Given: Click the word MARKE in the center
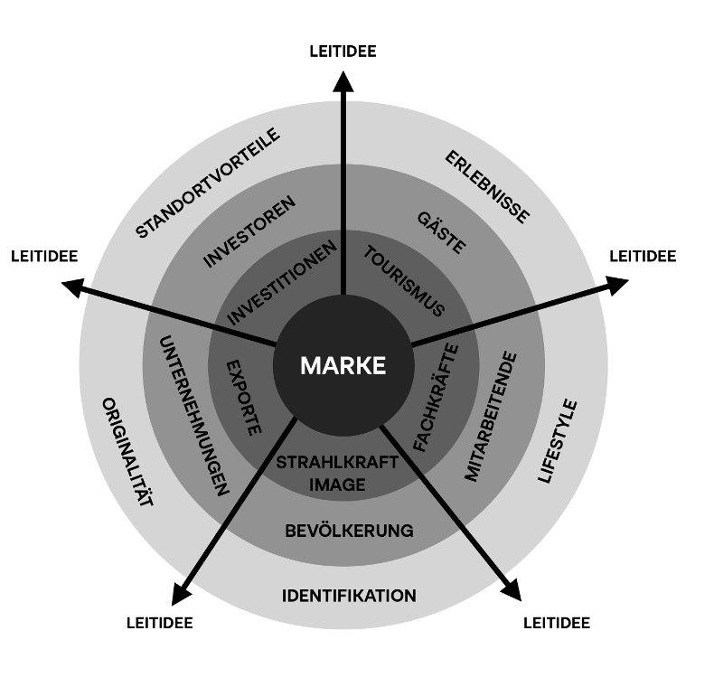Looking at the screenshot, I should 343,366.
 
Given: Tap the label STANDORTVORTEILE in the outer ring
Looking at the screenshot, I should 209,184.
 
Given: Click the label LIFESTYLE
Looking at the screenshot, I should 559,441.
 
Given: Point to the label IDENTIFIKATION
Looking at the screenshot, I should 349,596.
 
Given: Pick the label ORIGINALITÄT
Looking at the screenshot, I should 127,450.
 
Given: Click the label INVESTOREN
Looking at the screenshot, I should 249,231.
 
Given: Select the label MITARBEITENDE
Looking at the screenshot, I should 491,417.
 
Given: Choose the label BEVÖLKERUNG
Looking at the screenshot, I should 349,531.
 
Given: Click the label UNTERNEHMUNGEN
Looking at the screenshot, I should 193,415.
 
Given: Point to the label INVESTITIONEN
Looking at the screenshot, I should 282,282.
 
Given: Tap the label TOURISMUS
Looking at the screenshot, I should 404,280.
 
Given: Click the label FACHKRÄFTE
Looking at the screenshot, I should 436,398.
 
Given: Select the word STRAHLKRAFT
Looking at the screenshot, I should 337,463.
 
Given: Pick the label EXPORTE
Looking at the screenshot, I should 243,398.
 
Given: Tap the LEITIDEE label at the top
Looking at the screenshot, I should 343,52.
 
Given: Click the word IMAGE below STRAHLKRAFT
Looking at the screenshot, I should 337,485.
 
